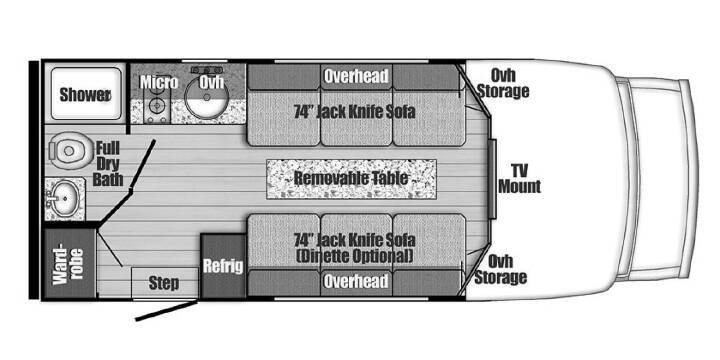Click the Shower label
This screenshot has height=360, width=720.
pyautogui.click(x=85, y=95)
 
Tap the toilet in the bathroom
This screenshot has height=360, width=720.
pyautogui.click(x=67, y=150)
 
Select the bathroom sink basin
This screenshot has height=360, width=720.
pyautogui.click(x=65, y=198)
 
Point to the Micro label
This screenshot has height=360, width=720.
pyautogui.click(x=159, y=83)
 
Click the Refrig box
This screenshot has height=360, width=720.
pyautogui.click(x=224, y=266)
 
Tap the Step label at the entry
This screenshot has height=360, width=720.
pyautogui.click(x=164, y=283)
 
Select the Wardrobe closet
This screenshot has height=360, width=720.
pyautogui.click(x=70, y=264)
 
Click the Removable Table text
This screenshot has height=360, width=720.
pyautogui.click(x=351, y=178)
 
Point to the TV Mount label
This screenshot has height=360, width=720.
pyautogui.click(x=520, y=179)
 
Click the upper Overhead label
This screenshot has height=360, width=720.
pyautogui.click(x=356, y=76)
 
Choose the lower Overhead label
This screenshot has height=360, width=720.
pyautogui.click(x=356, y=281)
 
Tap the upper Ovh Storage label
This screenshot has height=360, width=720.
pyautogui.click(x=503, y=83)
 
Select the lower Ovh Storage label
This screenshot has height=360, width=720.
pyautogui.click(x=501, y=270)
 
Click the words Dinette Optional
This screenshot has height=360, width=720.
pyautogui.click(x=354, y=256)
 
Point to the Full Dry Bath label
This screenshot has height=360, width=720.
pyautogui.click(x=108, y=163)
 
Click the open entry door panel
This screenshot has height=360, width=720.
pyautogui.click(x=167, y=310)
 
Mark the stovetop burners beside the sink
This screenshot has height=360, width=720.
pyautogui.click(x=157, y=105)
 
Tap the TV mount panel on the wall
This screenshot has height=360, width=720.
pyautogui.click(x=492, y=179)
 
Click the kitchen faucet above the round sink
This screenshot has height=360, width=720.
pyautogui.click(x=207, y=70)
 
